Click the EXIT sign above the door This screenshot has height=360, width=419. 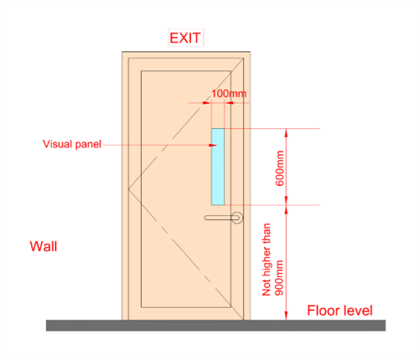(185, 38)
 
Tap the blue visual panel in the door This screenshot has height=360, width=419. (218, 167)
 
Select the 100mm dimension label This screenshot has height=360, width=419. (229, 94)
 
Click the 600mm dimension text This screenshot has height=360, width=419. (279, 168)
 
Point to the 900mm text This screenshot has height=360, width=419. (279, 278)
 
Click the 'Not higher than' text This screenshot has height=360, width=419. (266, 260)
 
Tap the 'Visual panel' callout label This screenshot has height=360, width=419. (72, 144)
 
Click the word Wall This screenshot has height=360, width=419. (44, 246)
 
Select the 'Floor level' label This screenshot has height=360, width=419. (339, 311)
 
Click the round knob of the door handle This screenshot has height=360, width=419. (237, 218)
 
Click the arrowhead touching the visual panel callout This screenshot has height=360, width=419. (213, 145)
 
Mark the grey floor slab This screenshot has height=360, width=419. (216, 326)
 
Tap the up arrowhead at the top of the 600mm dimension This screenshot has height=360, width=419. (286, 133)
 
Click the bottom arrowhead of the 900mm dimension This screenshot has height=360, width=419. (286, 316)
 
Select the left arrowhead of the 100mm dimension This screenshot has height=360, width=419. (207, 103)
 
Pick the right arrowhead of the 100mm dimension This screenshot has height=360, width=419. (229, 103)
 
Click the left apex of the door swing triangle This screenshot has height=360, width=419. (128, 189)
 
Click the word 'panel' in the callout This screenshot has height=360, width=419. (88, 145)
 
